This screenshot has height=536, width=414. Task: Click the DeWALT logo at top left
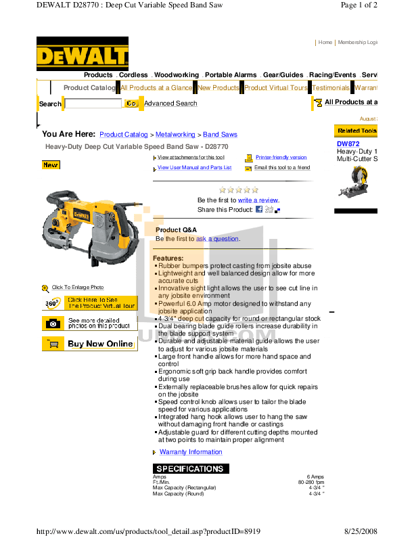coord(83,53)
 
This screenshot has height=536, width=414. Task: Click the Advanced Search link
coord(170,104)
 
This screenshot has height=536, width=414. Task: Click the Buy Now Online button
coord(90,344)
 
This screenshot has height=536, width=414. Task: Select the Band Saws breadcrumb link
coord(220,135)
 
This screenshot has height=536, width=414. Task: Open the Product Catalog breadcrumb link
coord(123,135)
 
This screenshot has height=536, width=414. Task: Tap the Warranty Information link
coord(190,452)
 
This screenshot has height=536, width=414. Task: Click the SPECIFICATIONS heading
coord(190,469)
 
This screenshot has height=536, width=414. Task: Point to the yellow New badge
coord(51,165)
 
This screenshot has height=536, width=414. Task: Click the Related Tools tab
coord(356,131)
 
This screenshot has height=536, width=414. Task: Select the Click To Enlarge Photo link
coord(77,288)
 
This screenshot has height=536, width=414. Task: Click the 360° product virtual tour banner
coord(90,303)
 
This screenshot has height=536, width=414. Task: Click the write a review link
coord(257,200)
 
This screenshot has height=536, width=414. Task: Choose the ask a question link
coord(217,239)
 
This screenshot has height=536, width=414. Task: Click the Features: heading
coord(168,259)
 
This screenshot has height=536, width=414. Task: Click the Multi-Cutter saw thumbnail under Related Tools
coord(354,181)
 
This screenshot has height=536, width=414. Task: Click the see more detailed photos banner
coord(90,323)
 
